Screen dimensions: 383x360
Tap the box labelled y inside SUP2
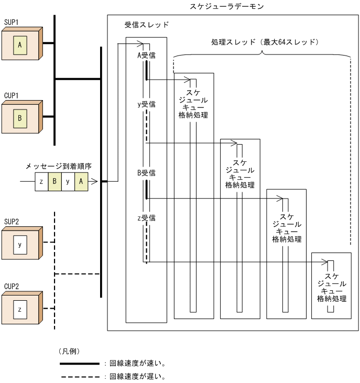(20, 244)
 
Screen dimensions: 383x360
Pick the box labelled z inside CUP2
(20, 310)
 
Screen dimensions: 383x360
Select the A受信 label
(146, 55)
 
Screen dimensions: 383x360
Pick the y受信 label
(146, 104)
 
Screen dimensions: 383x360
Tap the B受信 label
(146, 172)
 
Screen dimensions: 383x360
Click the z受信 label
(146, 217)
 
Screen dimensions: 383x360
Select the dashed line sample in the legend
(79, 376)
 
